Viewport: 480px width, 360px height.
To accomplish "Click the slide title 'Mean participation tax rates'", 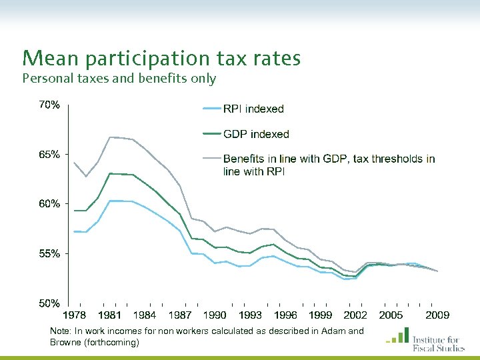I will pyautogui.click(x=161, y=59).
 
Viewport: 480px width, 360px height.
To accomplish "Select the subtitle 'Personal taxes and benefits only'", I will pyautogui.click(x=119, y=79).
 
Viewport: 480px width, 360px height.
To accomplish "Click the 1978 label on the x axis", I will pyautogui.click(x=75, y=315).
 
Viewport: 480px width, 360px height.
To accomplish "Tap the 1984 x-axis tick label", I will pyautogui.click(x=145, y=315).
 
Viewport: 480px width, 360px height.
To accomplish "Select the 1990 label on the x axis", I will pyautogui.click(x=215, y=315).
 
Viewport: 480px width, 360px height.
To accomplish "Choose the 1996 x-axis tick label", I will pyautogui.click(x=285, y=315).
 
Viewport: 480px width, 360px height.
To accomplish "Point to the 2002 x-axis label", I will pyautogui.click(x=355, y=315).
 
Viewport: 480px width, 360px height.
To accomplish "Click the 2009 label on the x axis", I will pyautogui.click(x=437, y=315).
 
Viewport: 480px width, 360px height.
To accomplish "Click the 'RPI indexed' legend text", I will pyautogui.click(x=253, y=109).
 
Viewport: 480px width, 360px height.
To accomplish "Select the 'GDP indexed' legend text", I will pyautogui.click(x=256, y=134).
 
